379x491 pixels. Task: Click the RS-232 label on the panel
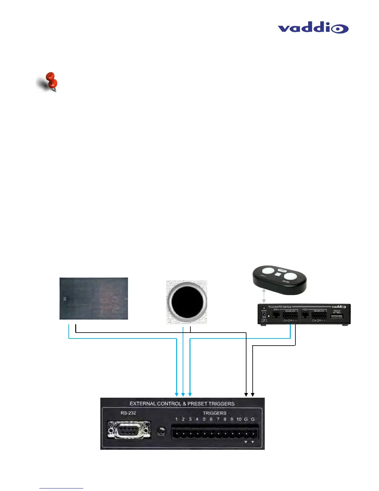(128, 413)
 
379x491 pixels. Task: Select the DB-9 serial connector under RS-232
(129, 429)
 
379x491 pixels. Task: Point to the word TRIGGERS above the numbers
(214, 413)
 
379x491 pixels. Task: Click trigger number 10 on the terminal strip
(239, 419)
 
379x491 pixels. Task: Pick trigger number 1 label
(176, 419)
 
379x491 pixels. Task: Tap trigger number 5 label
(204, 419)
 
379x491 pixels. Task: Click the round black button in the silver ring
(187, 303)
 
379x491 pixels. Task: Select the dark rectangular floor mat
(94, 298)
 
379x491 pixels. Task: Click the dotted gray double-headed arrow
(264, 296)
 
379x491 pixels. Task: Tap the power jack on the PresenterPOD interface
(264, 315)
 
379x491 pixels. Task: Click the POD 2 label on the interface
(305, 309)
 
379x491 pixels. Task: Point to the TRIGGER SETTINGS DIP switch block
(336, 316)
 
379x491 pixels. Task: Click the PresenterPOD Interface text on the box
(280, 307)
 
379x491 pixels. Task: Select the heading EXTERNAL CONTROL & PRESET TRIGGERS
(182, 404)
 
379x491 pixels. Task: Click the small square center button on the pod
(278, 274)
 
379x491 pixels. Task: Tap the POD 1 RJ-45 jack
(276, 315)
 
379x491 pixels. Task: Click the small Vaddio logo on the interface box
(339, 307)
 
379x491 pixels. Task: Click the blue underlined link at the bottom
(61, 488)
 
